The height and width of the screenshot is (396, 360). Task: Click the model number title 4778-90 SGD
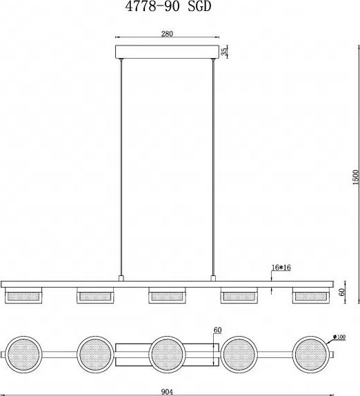click(x=168, y=7)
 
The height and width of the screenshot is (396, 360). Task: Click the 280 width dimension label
click(x=167, y=34)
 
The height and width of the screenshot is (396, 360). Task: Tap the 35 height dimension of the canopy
click(x=223, y=52)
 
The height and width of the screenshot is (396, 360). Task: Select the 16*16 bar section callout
click(x=281, y=268)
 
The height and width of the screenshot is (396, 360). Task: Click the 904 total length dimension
click(x=167, y=392)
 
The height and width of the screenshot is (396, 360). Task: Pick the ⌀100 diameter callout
click(x=339, y=337)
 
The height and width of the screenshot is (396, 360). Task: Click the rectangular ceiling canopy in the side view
click(x=167, y=52)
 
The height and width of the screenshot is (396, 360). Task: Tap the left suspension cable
click(x=121, y=167)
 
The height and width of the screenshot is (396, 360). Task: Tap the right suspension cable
click(x=213, y=167)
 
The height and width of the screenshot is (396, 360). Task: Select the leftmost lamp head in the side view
click(x=23, y=295)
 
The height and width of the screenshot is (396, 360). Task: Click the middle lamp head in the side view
click(x=167, y=295)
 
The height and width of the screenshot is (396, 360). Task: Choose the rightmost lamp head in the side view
click(x=311, y=295)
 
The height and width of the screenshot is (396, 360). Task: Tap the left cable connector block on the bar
click(x=121, y=278)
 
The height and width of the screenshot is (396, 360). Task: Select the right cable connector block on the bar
click(x=213, y=278)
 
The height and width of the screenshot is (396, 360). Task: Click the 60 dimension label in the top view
click(x=217, y=330)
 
